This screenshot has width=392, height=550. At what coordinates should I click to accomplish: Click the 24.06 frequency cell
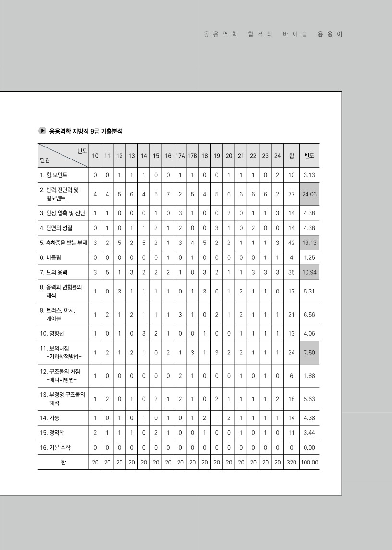tap(309, 194)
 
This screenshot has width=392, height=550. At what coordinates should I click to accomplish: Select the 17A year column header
tap(180, 156)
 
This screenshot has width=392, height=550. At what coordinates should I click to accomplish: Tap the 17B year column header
tap(192, 156)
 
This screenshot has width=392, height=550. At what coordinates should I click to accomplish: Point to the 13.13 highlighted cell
tap(309, 243)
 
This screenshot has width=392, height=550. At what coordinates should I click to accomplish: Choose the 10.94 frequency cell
tap(309, 272)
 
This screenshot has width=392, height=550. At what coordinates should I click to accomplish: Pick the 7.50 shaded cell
tap(309, 352)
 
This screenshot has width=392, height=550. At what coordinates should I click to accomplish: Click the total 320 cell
tap(291, 463)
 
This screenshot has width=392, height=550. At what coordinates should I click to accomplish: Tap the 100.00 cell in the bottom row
tap(309, 463)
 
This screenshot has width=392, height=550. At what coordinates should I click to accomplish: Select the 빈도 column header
tap(309, 156)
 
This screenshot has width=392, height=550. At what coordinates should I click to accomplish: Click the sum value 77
tap(291, 194)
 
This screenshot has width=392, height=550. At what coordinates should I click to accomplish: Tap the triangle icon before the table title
tap(42, 131)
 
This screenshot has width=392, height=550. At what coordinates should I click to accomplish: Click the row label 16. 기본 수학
tap(56, 448)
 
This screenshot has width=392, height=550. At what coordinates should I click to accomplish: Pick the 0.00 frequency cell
tap(309, 448)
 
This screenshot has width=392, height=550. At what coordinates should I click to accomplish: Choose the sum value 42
tap(291, 243)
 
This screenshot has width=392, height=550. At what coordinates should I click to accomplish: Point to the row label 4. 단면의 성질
tap(57, 228)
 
